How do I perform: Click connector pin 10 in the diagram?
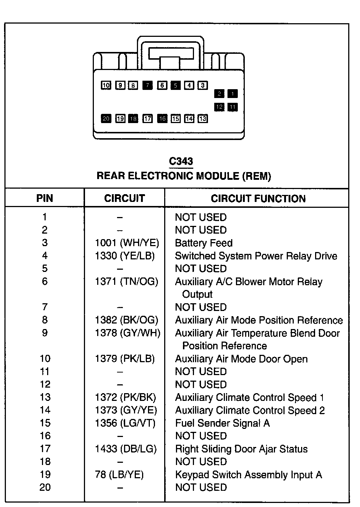pyautogui.click(x=106, y=85)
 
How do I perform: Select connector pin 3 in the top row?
pyautogui.click(x=202, y=85)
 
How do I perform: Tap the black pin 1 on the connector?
pyautogui.click(x=232, y=94)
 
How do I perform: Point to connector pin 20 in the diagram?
pyautogui.click(x=106, y=119)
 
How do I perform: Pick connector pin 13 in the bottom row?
pyautogui.click(x=202, y=119)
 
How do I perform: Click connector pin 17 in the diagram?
pyautogui.click(x=148, y=119)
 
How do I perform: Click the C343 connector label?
pyautogui.click(x=181, y=161)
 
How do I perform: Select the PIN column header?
pyautogui.click(x=45, y=198)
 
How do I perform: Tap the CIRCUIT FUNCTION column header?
pyautogui.click(x=258, y=199)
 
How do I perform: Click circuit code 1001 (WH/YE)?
pyautogui.click(x=127, y=243)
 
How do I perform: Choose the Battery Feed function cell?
pyautogui.click(x=204, y=243)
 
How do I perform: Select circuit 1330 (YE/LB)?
pyautogui.click(x=125, y=256)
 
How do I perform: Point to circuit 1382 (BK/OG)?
pyautogui.click(x=127, y=320)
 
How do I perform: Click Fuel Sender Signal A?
pyautogui.click(x=222, y=423)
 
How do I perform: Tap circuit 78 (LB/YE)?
pyautogui.click(x=119, y=475)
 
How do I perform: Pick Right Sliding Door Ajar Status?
pyautogui.click(x=241, y=449)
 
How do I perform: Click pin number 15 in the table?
pyautogui.click(x=45, y=423)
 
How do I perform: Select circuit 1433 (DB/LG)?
pyautogui.click(x=126, y=449)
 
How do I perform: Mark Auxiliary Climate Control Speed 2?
pyautogui.click(x=250, y=410)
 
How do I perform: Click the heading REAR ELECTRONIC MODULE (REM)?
pyautogui.click(x=184, y=176)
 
